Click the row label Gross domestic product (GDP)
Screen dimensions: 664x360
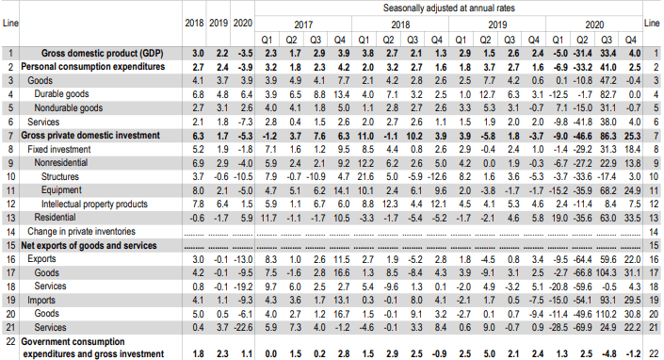(x=102, y=54)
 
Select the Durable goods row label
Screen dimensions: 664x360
(x=61, y=94)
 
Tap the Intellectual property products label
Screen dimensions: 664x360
(x=94, y=205)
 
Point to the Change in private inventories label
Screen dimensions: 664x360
(x=81, y=232)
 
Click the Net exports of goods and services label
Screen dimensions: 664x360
(x=89, y=246)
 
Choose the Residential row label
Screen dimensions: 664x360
(x=55, y=218)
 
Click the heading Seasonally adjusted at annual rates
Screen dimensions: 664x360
(x=449, y=8)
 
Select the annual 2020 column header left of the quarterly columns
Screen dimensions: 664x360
(x=243, y=23)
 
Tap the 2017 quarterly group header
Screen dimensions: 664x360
(x=303, y=25)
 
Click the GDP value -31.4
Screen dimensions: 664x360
(x=582, y=54)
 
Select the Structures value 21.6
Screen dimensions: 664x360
(x=365, y=176)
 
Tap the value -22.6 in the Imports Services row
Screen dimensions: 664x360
(x=244, y=328)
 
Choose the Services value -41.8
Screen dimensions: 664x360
(x=582, y=123)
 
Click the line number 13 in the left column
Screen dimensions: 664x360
(x=10, y=218)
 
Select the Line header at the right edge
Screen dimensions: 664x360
(x=652, y=23)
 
